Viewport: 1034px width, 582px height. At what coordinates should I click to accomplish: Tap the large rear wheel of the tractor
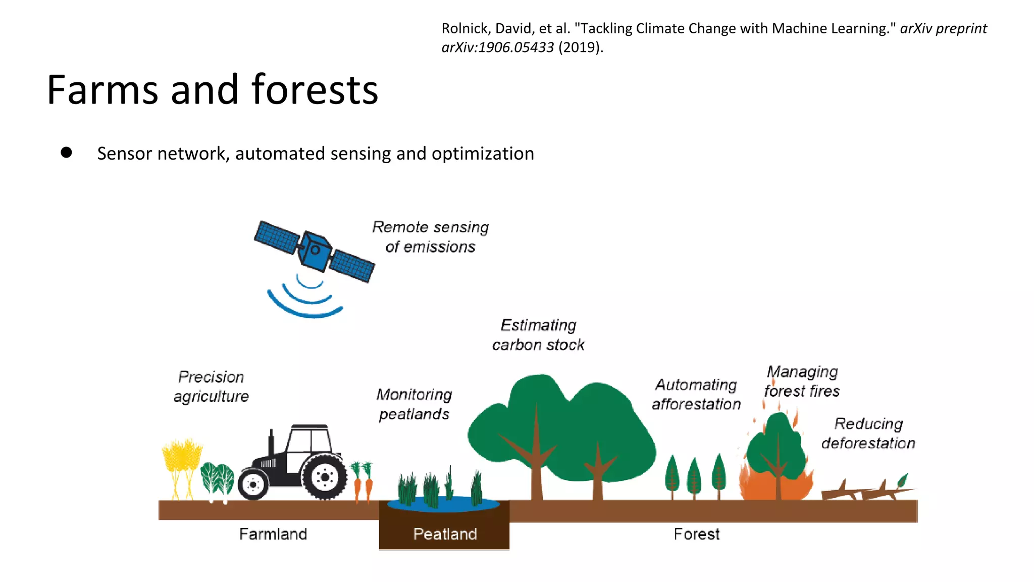tap(325, 477)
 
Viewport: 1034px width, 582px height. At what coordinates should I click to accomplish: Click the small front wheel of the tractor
tap(253, 484)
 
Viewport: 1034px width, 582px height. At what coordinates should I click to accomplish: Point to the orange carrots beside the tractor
tap(363, 482)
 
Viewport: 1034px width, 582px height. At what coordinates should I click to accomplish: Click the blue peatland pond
tap(443, 504)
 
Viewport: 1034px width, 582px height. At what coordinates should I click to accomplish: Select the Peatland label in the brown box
tap(445, 534)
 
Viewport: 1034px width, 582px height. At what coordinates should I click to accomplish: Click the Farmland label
tap(273, 534)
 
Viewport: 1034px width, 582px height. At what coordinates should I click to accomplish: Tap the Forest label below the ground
tap(696, 534)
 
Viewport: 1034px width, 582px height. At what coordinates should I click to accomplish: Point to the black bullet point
tap(66, 153)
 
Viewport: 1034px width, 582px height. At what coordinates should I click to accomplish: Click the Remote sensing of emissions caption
tap(430, 236)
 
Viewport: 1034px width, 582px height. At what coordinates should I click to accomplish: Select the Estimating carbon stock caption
tap(538, 334)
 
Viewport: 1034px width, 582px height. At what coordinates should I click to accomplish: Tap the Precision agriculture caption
tap(211, 386)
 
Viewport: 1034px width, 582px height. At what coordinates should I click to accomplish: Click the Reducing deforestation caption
tap(868, 433)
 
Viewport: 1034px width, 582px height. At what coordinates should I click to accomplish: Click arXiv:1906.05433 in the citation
tap(497, 47)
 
